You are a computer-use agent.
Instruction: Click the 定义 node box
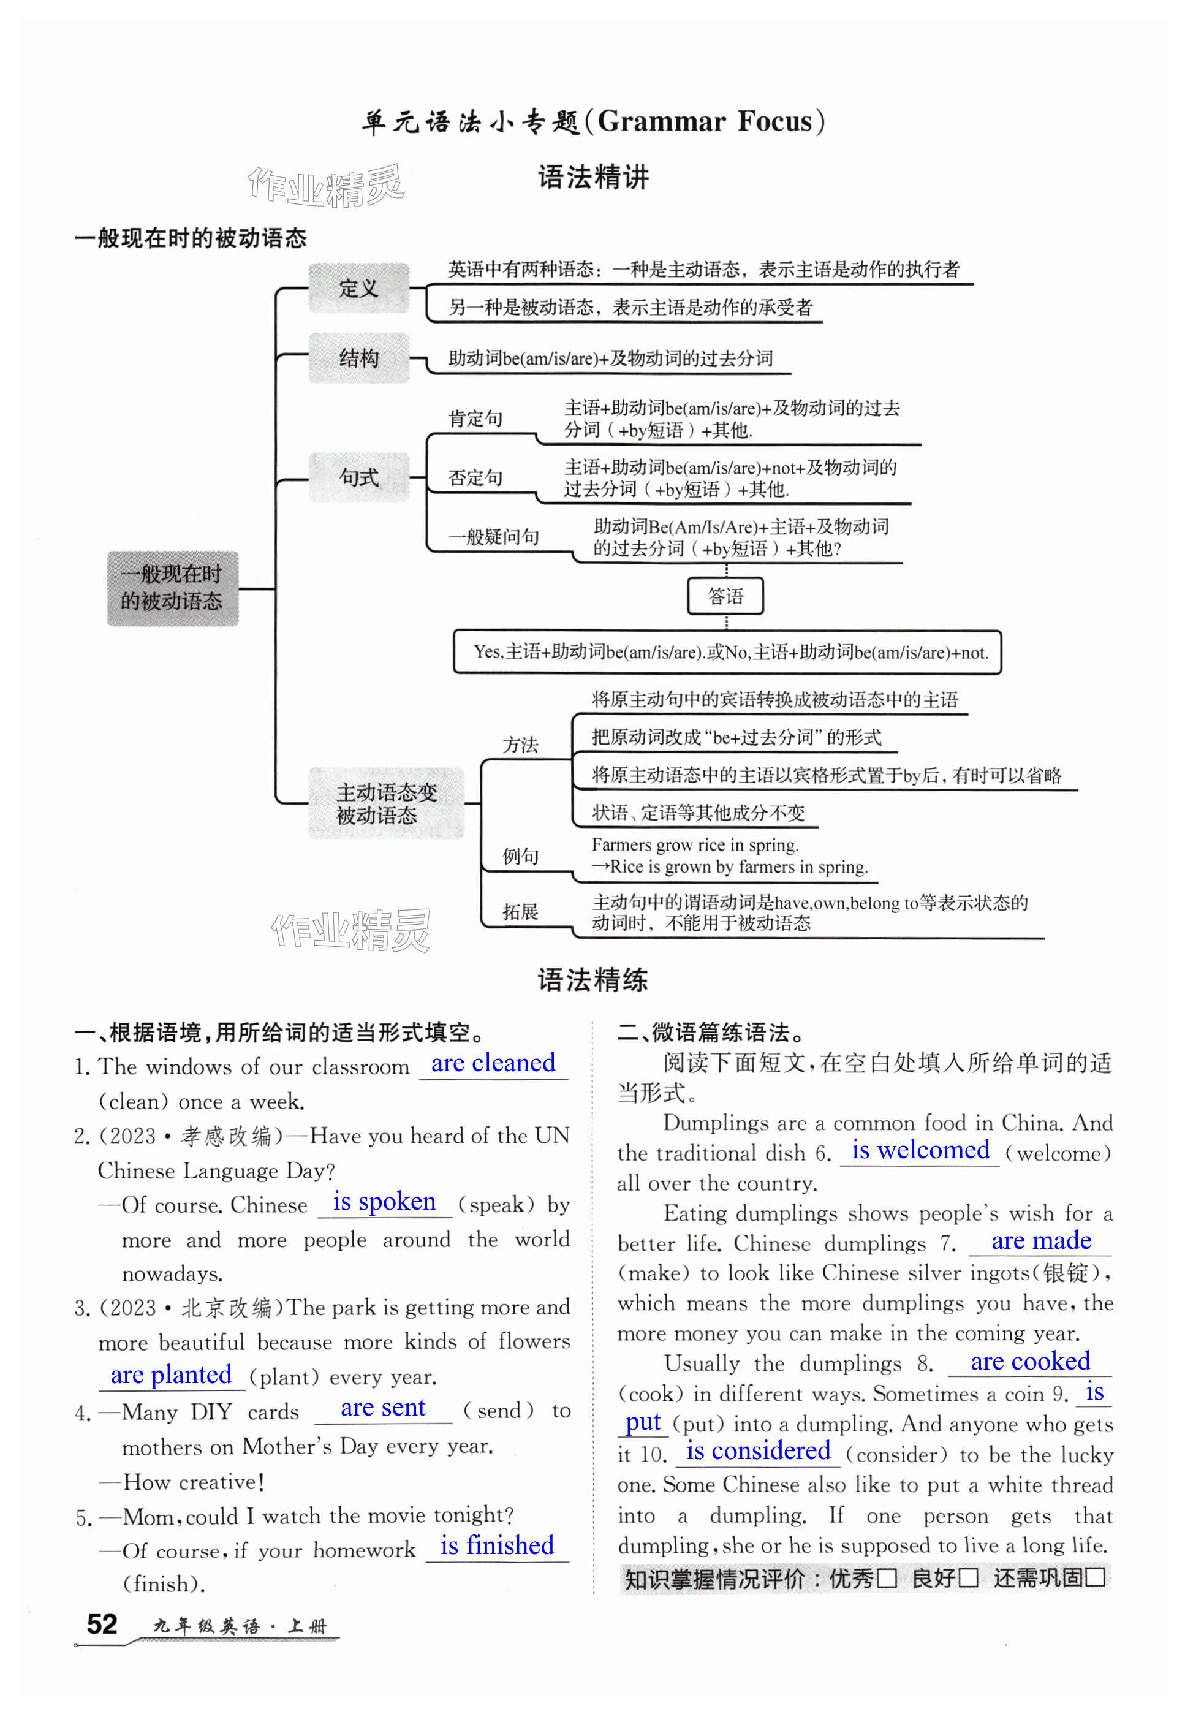[x=358, y=288]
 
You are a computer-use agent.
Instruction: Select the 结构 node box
[x=358, y=358]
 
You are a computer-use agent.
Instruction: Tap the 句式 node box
[x=358, y=477]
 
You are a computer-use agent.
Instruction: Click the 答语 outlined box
[x=725, y=596]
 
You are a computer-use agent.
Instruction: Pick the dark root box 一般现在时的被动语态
[x=172, y=588]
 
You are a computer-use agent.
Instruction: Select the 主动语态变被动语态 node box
[x=386, y=803]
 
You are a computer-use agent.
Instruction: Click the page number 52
[x=102, y=1623]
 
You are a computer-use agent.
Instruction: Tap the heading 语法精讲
[x=592, y=178]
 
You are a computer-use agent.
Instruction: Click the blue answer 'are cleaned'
[x=493, y=1063]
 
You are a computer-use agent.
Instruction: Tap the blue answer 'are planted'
[x=171, y=1375]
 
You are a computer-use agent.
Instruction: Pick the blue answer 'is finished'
[x=497, y=1545]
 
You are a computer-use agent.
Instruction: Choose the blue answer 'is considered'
[x=757, y=1450]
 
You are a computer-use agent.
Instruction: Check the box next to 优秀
[x=887, y=1579]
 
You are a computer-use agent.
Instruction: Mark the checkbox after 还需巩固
[x=1094, y=1578]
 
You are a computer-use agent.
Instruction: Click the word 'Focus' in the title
[x=769, y=121]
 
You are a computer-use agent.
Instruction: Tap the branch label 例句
[x=520, y=855]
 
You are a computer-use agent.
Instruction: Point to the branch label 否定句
[x=475, y=477]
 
